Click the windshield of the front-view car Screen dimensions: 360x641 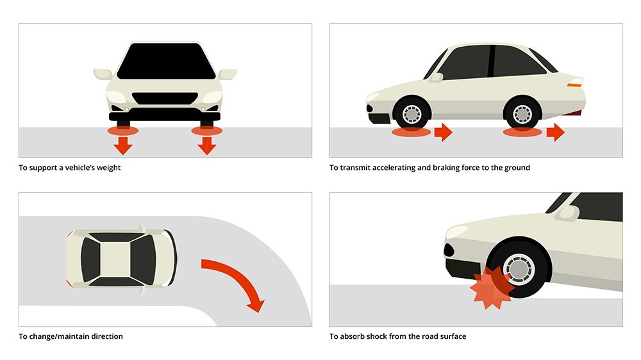click(165, 61)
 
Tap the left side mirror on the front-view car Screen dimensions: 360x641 click(103, 74)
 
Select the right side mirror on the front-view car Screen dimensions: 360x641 click(228, 74)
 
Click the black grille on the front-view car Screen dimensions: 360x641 click(165, 100)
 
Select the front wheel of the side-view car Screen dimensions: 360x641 click(412, 114)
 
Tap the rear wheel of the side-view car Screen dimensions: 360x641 click(522, 114)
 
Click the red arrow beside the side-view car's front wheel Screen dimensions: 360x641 click(443, 133)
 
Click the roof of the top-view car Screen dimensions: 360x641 click(119, 258)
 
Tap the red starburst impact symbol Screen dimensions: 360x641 click(491, 288)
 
